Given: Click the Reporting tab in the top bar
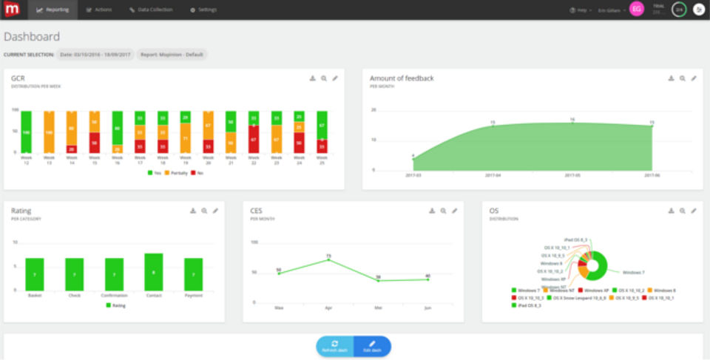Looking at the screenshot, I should pos(53,10).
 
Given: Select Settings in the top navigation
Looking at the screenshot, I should pos(203,10).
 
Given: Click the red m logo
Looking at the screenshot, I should pos(12,10).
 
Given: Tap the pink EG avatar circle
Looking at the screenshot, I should pos(636,10).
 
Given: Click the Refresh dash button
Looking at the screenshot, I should pos(335,346).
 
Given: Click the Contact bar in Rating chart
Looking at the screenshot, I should pos(154,272).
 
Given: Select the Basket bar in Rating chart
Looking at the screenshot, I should pos(35,274).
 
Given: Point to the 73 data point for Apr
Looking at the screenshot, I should pos(328,259).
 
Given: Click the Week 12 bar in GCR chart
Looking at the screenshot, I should pos(27,132).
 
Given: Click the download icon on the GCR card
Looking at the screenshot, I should pos(312,78).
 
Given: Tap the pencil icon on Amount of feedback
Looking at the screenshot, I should pos(694,78).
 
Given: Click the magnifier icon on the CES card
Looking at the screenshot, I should pos(443,211).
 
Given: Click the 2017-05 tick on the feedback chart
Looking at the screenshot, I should pos(572,176).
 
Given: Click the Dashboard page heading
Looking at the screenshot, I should pos(32,36).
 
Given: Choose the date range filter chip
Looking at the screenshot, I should pos(96,54).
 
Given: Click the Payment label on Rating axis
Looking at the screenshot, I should pos(193,295).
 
